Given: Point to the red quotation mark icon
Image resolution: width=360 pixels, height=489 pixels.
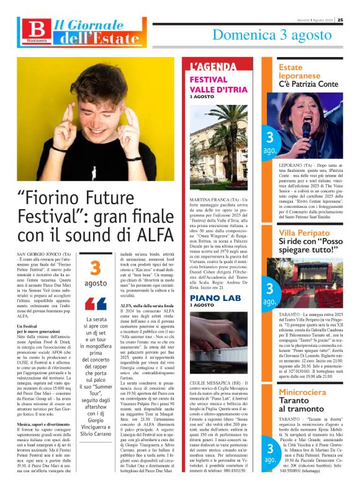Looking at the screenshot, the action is click(96, 303).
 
